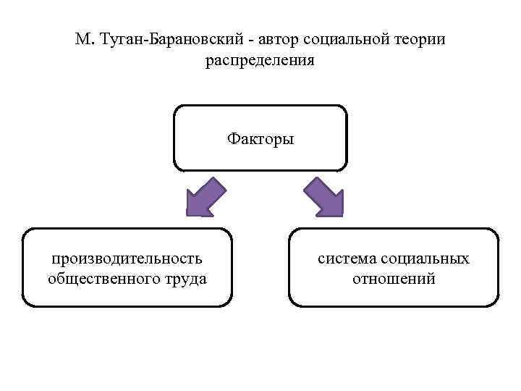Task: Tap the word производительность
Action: point(127,258)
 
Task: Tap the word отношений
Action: point(394,278)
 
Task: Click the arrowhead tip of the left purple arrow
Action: point(188,214)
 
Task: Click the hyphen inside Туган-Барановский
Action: point(149,41)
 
